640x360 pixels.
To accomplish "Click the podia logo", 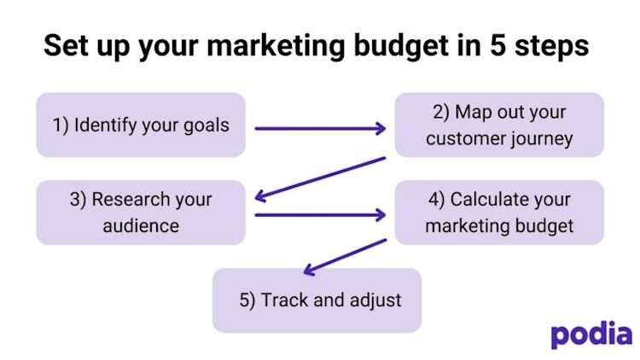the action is [591, 334].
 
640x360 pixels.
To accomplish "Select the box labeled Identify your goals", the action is [141, 125].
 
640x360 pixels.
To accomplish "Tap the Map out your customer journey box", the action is [499, 125].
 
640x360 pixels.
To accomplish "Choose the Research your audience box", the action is [141, 212].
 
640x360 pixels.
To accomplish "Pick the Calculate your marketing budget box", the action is [499, 212].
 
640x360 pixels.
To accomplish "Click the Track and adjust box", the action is [317, 300].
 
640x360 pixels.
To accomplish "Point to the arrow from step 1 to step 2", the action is [320, 129].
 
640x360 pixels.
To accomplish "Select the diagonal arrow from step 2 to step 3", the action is [320, 179].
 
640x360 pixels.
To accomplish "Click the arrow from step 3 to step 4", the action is [320, 215].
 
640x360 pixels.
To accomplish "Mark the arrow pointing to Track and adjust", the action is [346, 257].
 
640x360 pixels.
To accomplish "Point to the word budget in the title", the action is [402, 46].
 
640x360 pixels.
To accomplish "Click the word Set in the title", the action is [66, 45].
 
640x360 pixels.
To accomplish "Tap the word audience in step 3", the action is [141, 226].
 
